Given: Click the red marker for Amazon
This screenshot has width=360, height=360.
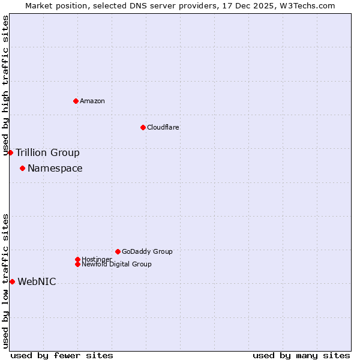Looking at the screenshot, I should [x=76, y=101].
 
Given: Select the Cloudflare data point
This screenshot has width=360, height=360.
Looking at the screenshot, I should [x=143, y=127].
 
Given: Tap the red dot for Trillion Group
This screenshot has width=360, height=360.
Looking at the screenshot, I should [x=10, y=152].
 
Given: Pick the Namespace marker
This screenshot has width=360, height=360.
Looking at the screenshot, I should [x=22, y=168].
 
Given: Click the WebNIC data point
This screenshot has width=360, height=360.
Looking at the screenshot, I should [x=12, y=281].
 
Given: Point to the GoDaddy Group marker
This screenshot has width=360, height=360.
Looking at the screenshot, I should [x=118, y=251].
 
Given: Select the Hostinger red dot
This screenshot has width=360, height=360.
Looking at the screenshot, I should [x=77, y=259].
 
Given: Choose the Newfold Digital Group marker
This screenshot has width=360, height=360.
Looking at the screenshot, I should [x=77, y=264].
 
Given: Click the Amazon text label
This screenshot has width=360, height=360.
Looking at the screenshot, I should [x=92, y=101].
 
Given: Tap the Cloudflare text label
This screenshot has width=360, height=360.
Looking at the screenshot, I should [x=163, y=127].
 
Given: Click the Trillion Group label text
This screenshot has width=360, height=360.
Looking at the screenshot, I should [x=47, y=152].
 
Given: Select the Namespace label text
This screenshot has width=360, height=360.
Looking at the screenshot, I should [x=55, y=168].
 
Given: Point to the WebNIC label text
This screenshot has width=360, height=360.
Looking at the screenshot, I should [x=37, y=281].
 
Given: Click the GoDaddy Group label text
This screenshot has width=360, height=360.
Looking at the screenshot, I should [x=147, y=251].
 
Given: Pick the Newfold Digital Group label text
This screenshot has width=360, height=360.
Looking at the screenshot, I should [x=117, y=264].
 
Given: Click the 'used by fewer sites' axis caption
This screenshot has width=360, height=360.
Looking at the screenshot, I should [x=62, y=355].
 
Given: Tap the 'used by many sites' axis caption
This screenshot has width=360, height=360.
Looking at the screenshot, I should [x=301, y=355].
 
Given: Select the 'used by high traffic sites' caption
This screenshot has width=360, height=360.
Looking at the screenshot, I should [x=6, y=85].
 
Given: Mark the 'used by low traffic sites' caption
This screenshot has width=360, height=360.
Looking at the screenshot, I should [x=6, y=281].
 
